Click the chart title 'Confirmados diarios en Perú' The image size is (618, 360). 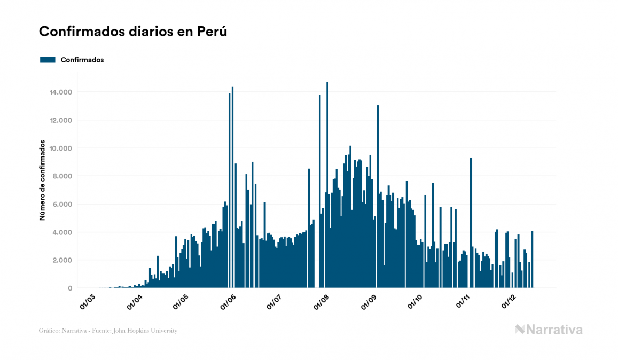tap(133, 32)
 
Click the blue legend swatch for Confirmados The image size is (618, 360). tap(48, 60)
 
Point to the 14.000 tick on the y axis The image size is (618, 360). tap(60, 92)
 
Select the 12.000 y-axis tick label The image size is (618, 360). tap(60, 120)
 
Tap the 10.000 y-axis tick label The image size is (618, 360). tap(60, 148)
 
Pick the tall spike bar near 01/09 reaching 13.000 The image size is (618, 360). tap(378, 198)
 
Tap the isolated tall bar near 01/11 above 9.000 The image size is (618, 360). tap(471, 224)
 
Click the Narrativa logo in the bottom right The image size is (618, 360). tap(549, 330)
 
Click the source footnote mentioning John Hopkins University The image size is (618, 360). tap(108, 331)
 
